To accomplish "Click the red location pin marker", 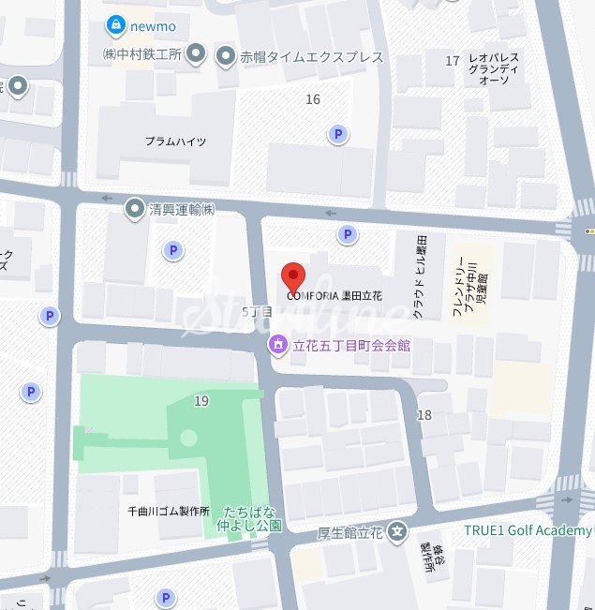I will coord(294,277).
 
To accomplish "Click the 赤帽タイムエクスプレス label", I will coord(313,57).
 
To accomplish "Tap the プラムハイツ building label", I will coord(175,141).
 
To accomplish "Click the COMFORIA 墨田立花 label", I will coord(335,295).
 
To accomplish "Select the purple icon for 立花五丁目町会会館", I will coord(278,346).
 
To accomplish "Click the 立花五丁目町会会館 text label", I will coord(351,346).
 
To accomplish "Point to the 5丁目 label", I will coord(255,310).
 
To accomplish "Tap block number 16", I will coord(313,99).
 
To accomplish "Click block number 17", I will coord(454,62).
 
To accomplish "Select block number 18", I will coord(424,415).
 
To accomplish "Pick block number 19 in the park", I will coord(201,401).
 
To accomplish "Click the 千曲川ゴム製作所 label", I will coord(168,512).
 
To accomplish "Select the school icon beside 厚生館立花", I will coord(398,530).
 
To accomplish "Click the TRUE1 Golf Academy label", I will coord(528,531).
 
